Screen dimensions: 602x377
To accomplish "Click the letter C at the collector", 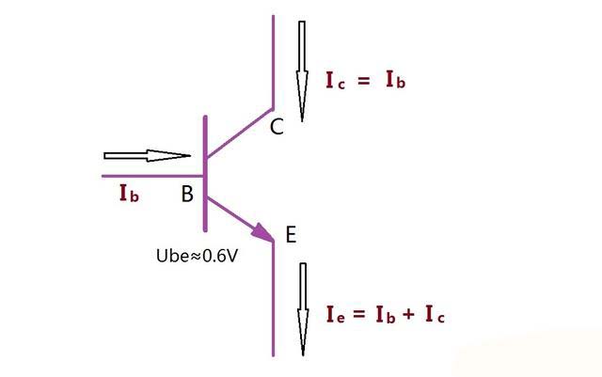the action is (x=277, y=127).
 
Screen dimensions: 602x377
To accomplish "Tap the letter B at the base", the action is (x=187, y=194).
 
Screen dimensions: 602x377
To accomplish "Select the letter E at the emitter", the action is (x=291, y=235).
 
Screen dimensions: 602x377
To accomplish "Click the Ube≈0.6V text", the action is (x=197, y=256).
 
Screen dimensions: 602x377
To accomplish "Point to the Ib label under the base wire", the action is (x=129, y=193).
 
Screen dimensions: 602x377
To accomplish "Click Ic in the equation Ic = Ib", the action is (x=335, y=81).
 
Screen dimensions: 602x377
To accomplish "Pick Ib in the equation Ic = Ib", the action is (x=395, y=80).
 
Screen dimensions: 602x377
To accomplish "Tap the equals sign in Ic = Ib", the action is (x=363, y=81).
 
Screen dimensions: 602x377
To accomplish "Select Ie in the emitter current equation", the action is (x=336, y=314).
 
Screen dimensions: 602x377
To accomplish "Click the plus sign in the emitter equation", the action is (x=408, y=314).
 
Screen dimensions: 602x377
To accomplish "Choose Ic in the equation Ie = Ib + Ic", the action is (x=435, y=314).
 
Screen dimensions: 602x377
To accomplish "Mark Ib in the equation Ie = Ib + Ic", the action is (x=385, y=314).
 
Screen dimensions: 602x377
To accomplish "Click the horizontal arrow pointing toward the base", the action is (x=148, y=155).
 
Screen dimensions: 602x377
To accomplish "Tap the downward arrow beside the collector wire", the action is (x=302, y=71).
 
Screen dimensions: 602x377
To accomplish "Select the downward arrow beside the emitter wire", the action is (x=303, y=309).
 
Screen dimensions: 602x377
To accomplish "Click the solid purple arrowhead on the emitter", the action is (x=262, y=233).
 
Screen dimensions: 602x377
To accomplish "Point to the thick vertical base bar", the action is (x=205, y=174).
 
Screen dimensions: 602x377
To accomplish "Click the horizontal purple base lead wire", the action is (x=152, y=176).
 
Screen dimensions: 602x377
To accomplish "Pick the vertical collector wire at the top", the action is (x=274, y=62).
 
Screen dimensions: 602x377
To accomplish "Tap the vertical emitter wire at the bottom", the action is (x=274, y=299).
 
